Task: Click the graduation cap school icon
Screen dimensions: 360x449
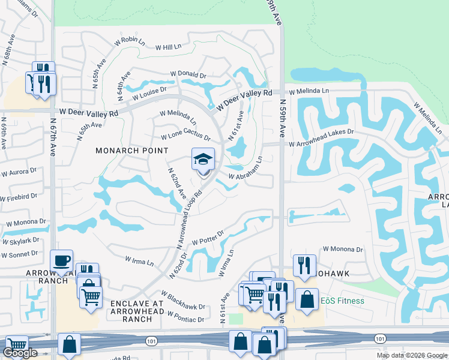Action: tap(203, 160)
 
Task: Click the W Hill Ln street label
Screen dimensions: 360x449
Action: tap(168, 47)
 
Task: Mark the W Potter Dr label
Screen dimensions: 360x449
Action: tap(208, 237)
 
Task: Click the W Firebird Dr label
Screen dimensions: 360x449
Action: tap(19, 196)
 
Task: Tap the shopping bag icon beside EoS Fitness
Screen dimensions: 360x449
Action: tap(307, 300)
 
